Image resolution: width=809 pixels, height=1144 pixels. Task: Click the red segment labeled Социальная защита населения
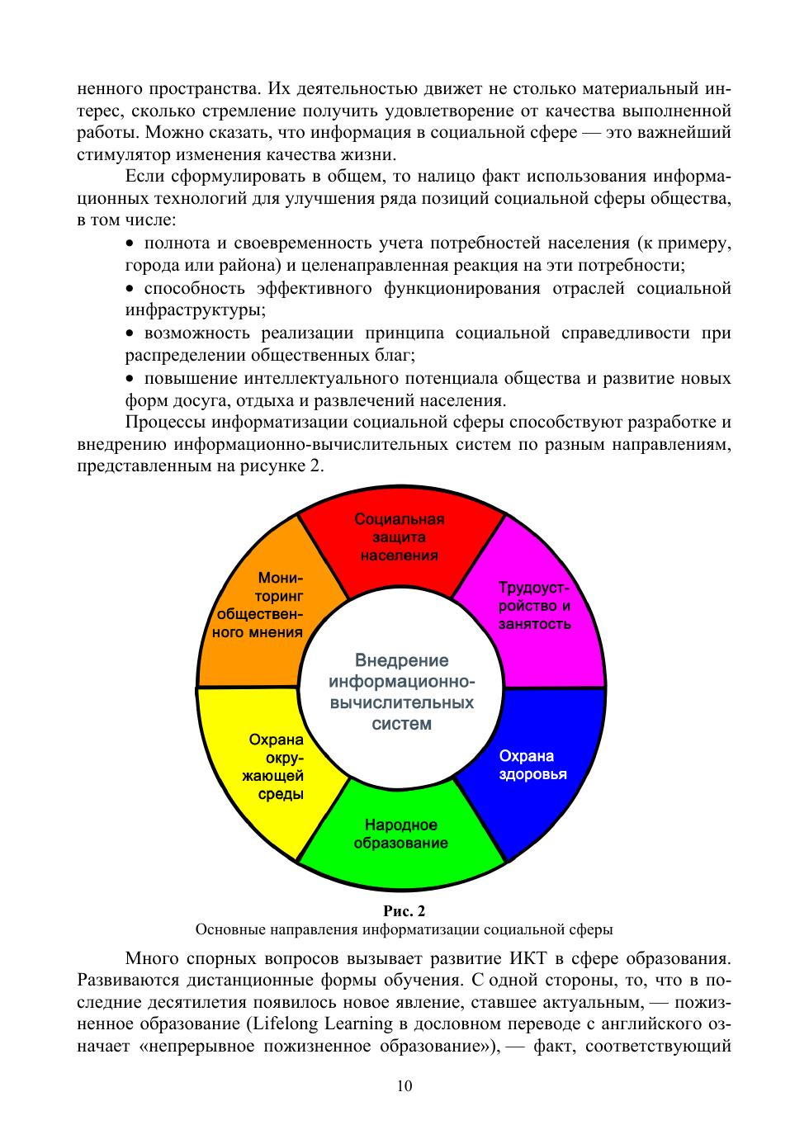click(400, 537)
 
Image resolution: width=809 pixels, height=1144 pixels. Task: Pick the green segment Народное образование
click(401, 834)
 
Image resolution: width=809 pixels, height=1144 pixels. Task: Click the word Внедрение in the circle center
click(401, 660)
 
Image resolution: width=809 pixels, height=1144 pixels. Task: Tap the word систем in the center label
click(401, 725)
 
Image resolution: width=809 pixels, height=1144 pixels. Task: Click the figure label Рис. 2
click(404, 911)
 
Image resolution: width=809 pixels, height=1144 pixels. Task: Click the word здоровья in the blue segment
click(532, 775)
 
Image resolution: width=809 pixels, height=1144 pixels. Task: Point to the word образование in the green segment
click(401, 843)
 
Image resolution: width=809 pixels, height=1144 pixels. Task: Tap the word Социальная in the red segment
click(400, 519)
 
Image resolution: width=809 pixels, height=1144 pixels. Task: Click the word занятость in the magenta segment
click(534, 624)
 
